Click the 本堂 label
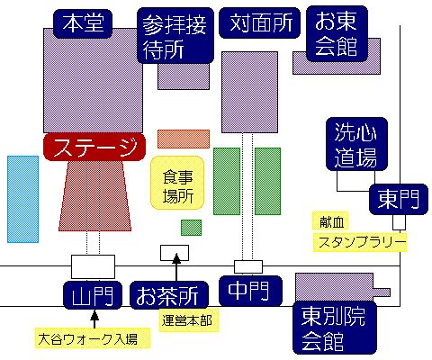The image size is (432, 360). coord(83,23)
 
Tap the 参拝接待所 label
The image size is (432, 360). coord(175,36)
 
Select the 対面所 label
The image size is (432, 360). coord(260,23)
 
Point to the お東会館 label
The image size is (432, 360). coord(337,34)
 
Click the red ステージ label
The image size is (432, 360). coord(94,148)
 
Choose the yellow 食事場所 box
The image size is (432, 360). coord(177,183)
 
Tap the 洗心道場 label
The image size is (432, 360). coord(356,144)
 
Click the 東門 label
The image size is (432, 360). coord(399,199)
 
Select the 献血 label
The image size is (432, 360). coord(330,221)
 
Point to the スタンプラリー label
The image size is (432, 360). coord(360,242)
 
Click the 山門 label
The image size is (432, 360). coord(93,295)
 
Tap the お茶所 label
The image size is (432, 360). coord(169,295)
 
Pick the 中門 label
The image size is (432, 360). coord(250,291)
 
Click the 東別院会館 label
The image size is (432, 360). coord(335,328)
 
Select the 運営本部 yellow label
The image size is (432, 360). coord(189,320)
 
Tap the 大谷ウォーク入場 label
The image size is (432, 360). coord(93,338)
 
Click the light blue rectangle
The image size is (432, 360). coord(23,199)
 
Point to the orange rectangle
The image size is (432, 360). coord(184,139)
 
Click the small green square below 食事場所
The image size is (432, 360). coord(191,228)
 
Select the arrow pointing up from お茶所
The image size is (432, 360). coord(176,267)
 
